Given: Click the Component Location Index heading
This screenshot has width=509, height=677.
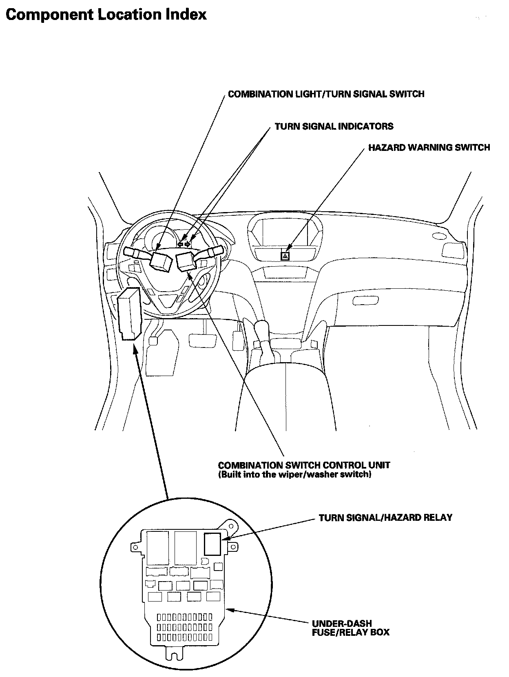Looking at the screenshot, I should tap(106, 15).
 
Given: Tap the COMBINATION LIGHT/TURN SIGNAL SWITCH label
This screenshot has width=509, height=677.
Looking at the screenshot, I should tap(326, 94).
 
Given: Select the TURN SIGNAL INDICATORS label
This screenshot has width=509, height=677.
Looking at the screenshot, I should tap(334, 126).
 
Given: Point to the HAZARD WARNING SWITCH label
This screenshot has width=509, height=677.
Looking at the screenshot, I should tap(429, 148).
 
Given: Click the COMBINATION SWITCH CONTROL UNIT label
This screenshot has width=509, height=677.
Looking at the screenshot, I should tap(304, 465).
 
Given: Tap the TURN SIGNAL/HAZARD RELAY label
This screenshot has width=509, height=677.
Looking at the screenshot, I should tap(385, 518).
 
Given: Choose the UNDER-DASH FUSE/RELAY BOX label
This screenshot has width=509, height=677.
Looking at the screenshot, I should tap(350, 628).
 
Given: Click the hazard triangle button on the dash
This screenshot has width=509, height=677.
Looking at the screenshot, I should tap(285, 256).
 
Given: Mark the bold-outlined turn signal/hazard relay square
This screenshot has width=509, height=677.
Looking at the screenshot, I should tap(212, 544).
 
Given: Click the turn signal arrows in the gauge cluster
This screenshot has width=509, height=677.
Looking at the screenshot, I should tap(184, 244).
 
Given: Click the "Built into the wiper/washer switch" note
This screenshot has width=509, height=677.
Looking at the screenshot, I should tap(294, 475).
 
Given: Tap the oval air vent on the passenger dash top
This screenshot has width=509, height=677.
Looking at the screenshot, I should tap(439, 236).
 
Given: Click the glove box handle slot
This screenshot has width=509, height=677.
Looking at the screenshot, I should tap(365, 301).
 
